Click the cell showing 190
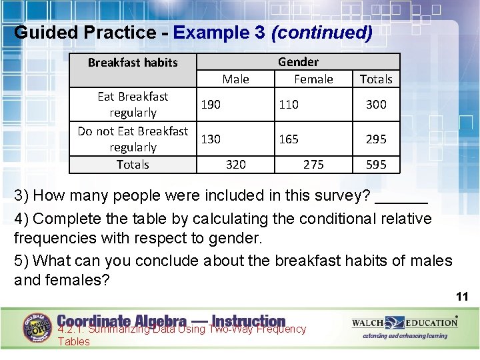211,105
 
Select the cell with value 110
289,105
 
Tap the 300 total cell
376,105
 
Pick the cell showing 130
211,139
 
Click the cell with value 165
289,139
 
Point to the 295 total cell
376,139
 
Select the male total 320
235,165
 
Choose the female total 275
313,165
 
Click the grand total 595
376,165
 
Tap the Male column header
235,79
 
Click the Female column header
313,79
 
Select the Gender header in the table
298,62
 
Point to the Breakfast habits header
133,63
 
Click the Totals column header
376,79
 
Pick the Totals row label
133,165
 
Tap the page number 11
462,297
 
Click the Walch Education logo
405,323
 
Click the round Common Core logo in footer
37,327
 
